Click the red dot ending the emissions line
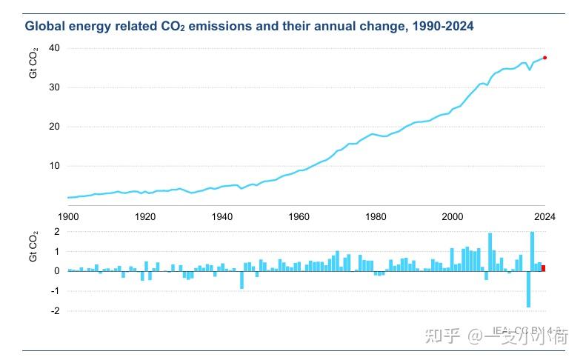click(x=544, y=58)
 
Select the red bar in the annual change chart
click(x=544, y=267)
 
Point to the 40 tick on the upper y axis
click(x=54, y=48)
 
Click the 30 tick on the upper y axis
click(x=54, y=87)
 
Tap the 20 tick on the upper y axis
click(x=54, y=127)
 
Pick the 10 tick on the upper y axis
click(x=54, y=166)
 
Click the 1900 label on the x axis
click(x=68, y=217)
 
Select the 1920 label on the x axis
click(x=145, y=217)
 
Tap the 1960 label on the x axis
click(x=299, y=217)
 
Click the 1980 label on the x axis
click(x=376, y=217)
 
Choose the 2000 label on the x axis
click(x=453, y=217)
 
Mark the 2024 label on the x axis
click(x=544, y=217)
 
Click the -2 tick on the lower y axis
click(x=54, y=311)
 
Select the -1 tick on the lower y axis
click(x=54, y=291)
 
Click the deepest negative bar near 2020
click(x=528, y=289)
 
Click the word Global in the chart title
click(x=47, y=27)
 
